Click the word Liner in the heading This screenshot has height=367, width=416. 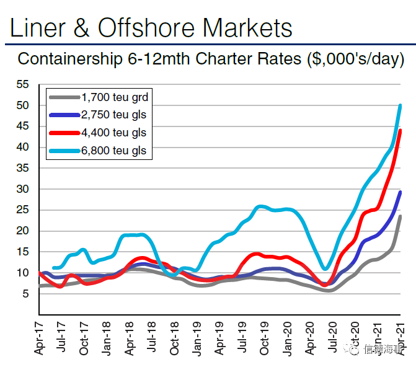[37, 28]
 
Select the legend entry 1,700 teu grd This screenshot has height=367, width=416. [114, 97]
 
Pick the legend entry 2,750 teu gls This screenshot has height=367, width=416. [114, 115]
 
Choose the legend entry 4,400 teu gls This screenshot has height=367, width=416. [114, 133]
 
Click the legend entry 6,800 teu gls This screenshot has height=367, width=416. [114, 150]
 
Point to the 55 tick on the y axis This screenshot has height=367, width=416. [22, 84]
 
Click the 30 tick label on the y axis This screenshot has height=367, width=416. [22, 189]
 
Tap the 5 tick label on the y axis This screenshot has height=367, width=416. [25, 294]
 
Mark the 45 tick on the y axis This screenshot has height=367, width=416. [22, 126]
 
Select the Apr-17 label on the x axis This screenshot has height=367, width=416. [39, 338]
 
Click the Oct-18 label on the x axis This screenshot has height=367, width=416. [174, 338]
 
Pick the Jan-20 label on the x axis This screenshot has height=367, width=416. [287, 338]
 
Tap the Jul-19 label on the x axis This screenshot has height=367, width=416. [242, 338]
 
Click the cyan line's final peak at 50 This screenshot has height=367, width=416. [400, 105]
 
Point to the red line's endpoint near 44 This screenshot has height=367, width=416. [400, 130]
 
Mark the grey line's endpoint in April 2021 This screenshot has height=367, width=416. [400, 216]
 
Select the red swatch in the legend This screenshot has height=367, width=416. [64, 133]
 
